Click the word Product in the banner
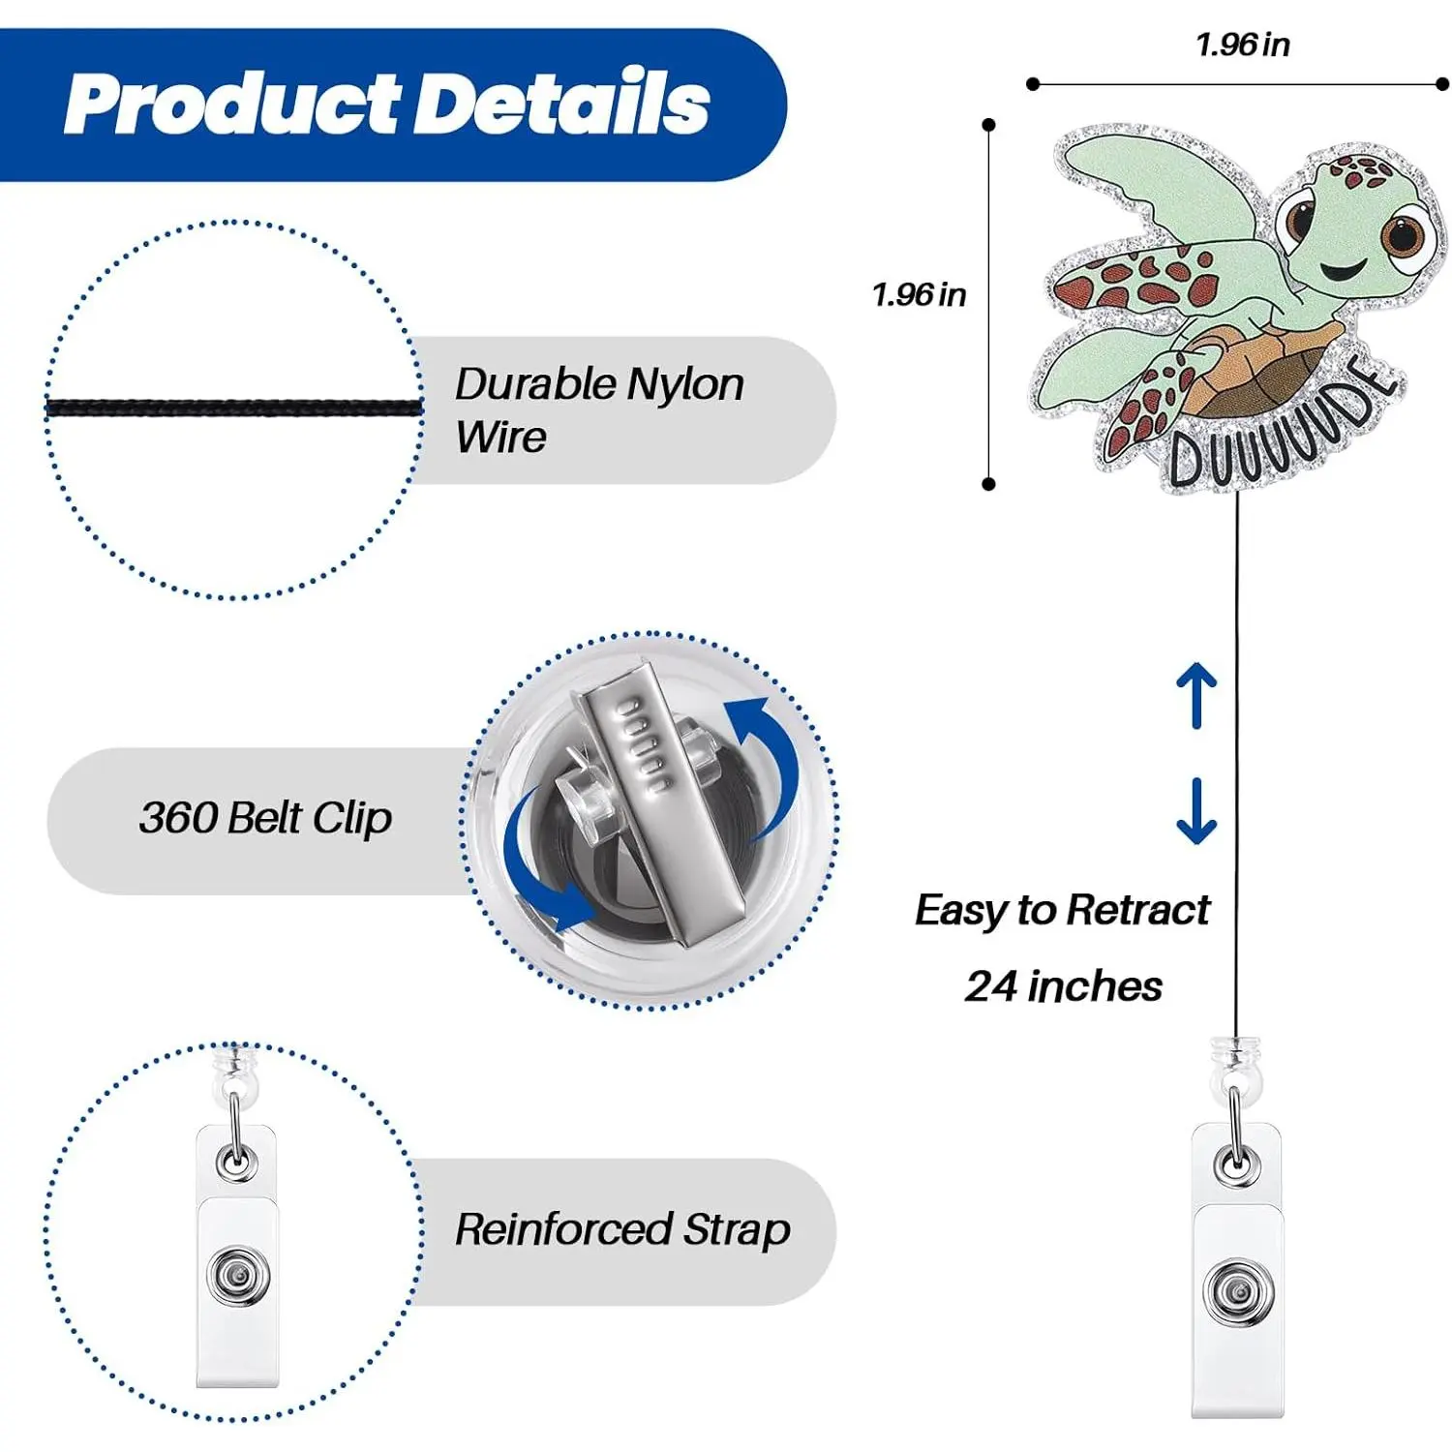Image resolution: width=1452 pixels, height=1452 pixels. (x=232, y=106)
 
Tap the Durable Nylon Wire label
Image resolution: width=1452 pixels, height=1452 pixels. (x=599, y=409)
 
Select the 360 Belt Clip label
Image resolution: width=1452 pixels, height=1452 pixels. (x=265, y=818)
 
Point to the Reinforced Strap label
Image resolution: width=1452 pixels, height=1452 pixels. (x=622, y=1229)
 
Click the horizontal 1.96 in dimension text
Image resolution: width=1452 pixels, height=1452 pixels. (x=1242, y=45)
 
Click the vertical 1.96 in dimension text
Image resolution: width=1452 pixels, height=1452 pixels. (x=919, y=294)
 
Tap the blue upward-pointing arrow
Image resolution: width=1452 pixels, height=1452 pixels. (x=1196, y=695)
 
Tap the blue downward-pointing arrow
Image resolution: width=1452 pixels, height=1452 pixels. (x=1196, y=811)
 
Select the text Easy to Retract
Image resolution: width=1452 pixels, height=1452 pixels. (x=1062, y=911)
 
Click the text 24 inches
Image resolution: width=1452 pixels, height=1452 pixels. (x=1063, y=986)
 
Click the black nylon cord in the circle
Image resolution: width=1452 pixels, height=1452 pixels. (x=234, y=408)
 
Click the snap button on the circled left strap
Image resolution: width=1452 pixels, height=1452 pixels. (x=236, y=1278)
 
